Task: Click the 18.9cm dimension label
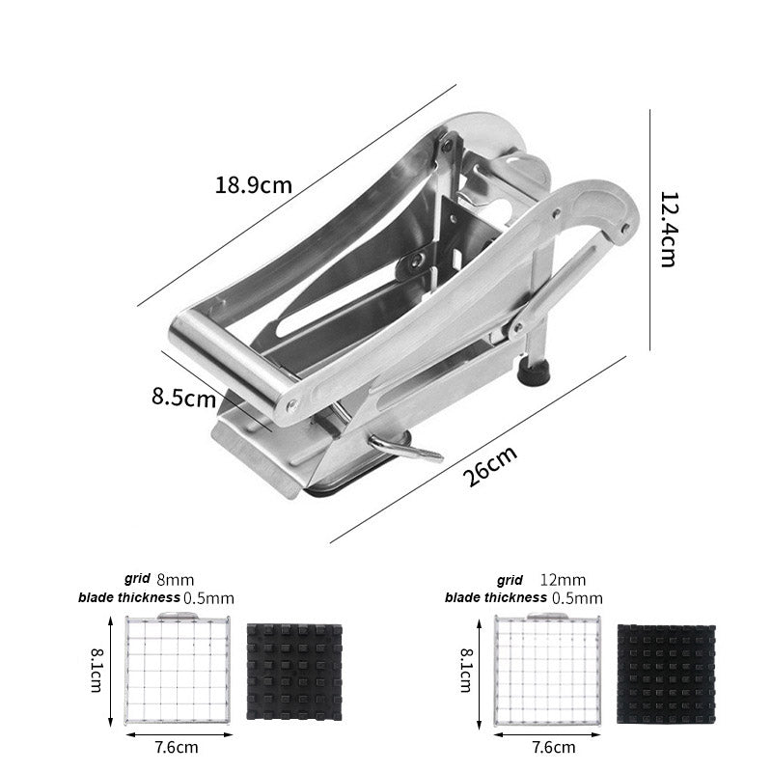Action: (254, 185)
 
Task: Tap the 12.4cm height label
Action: (668, 230)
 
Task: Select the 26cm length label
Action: (490, 465)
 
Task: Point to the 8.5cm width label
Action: (183, 397)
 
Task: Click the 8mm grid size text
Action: (176, 580)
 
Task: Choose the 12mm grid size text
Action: (563, 580)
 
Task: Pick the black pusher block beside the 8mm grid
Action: (294, 673)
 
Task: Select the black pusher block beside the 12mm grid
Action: (666, 674)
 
